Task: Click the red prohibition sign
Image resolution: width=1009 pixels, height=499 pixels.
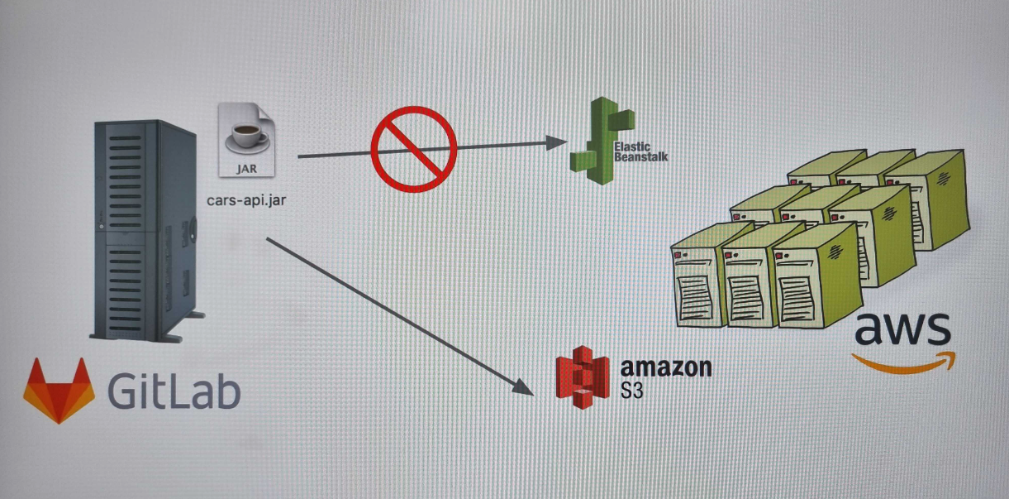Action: [413, 148]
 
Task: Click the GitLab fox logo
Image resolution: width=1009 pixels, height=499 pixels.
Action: [58, 391]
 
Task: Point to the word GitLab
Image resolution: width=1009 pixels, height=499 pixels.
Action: [173, 390]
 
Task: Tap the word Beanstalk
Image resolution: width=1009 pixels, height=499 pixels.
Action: [641, 156]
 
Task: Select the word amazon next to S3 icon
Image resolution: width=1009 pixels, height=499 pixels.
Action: [665, 367]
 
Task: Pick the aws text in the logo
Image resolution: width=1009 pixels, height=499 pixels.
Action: [902, 329]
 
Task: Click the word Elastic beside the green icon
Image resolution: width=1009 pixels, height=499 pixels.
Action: [633, 146]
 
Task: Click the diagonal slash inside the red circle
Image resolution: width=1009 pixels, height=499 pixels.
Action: [413, 148]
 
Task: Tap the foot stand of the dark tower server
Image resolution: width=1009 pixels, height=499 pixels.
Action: [193, 317]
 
